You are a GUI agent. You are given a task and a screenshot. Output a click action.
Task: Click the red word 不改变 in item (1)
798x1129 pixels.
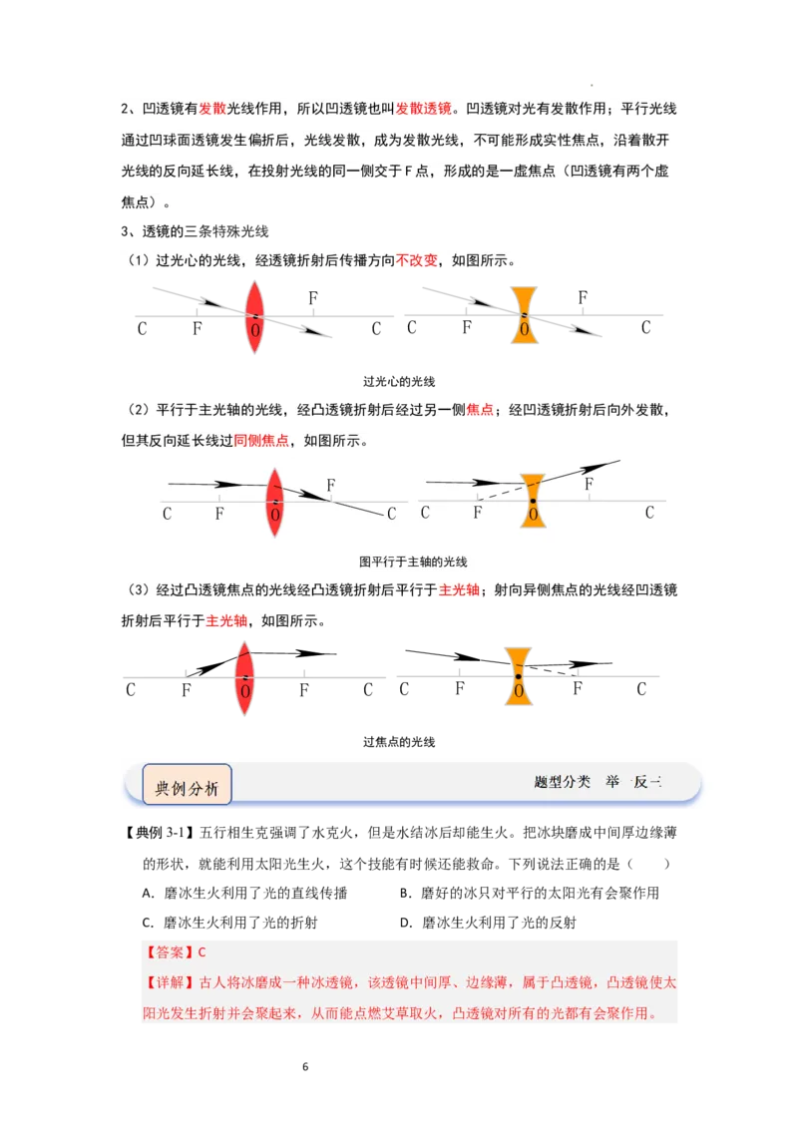tap(417, 260)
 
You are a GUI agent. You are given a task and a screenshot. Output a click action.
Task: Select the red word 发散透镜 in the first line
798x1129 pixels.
tap(424, 109)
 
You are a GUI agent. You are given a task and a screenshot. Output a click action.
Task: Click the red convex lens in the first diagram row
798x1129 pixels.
tap(254, 316)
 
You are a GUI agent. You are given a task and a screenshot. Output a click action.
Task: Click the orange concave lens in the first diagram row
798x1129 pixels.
tap(524, 316)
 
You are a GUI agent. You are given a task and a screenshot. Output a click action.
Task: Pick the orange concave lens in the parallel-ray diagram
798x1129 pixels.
tap(534, 502)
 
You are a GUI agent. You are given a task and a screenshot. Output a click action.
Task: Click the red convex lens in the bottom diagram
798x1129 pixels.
tap(244, 677)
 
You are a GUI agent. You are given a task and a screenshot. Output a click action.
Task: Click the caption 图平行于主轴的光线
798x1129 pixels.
tap(413, 563)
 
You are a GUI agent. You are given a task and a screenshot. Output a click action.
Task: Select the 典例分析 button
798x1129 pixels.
tap(187, 787)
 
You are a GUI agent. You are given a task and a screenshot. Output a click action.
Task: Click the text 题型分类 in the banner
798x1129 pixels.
tap(562, 782)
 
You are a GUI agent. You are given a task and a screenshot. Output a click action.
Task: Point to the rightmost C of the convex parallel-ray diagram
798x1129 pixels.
tap(391, 514)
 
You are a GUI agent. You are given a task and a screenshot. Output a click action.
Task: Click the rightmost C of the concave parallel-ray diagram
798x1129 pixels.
tap(649, 513)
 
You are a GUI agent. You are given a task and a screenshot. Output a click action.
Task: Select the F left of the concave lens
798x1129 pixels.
tap(478, 513)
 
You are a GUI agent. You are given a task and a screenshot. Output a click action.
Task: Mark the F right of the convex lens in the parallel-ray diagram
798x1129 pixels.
tap(331, 486)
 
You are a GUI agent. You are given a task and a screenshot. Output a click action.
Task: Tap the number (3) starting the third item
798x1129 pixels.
tap(138, 590)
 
